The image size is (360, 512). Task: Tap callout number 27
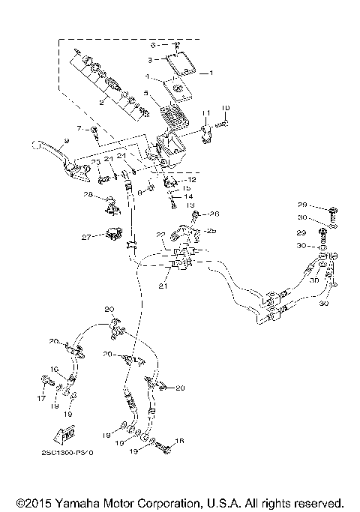click(x=87, y=236)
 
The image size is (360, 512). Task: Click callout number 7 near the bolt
click(x=77, y=129)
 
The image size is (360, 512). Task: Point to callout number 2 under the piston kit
click(x=100, y=103)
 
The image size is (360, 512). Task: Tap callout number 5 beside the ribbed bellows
click(x=147, y=94)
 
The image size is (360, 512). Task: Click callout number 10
click(x=226, y=108)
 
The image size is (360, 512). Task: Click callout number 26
click(x=213, y=214)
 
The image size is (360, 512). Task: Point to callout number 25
click(x=211, y=230)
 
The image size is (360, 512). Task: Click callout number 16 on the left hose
click(x=54, y=369)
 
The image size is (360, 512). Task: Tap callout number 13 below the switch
click(x=190, y=205)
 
